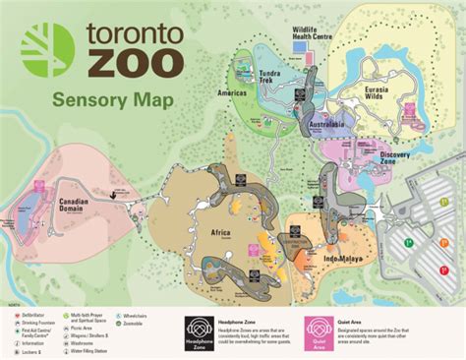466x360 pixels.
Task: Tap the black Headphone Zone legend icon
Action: pos(200,334)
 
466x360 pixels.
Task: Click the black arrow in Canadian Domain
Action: pos(117,195)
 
